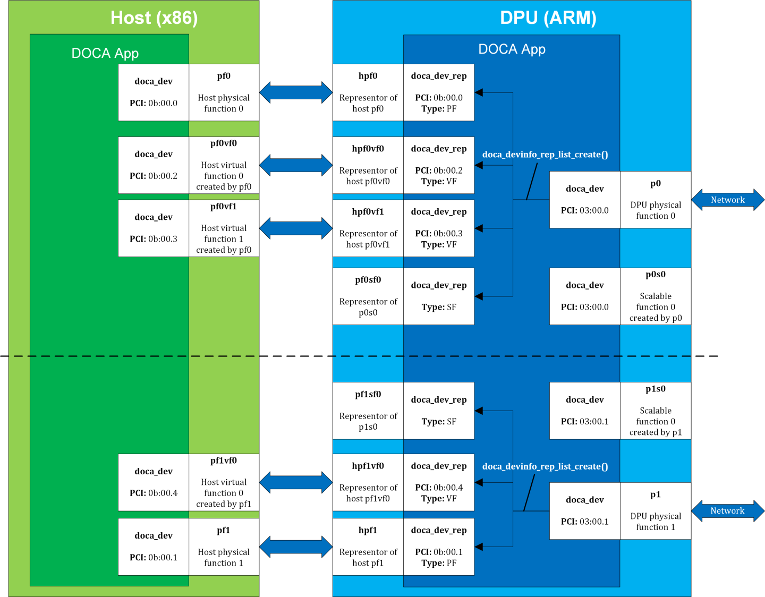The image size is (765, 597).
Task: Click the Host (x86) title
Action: pyautogui.click(x=154, y=18)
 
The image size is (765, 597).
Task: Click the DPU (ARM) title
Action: pyautogui.click(x=548, y=18)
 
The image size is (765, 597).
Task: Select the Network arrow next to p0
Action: pyautogui.click(x=727, y=200)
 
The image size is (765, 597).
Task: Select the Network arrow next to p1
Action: pyautogui.click(x=727, y=510)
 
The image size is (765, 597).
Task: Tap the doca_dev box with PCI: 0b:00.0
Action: pyautogui.click(x=154, y=92)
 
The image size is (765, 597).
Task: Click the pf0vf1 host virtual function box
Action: pyautogui.click(x=224, y=228)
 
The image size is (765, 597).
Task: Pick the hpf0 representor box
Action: pyautogui.click(x=368, y=92)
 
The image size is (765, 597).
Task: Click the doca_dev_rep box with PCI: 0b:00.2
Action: pyautogui.click(x=438, y=165)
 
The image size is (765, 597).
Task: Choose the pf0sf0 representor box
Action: pyautogui.click(x=368, y=296)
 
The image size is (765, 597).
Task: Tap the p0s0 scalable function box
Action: pyautogui.click(x=655, y=296)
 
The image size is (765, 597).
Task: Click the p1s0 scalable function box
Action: pyautogui.click(x=655, y=411)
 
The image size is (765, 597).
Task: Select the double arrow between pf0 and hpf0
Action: pyautogui.click(x=295, y=92)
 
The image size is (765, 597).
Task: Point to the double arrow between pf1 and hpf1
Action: pyautogui.click(x=295, y=546)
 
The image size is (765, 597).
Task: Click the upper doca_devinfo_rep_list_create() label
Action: pyautogui.click(x=545, y=155)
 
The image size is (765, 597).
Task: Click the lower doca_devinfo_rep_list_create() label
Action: pyautogui.click(x=545, y=466)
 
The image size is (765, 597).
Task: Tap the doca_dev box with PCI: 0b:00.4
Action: pyautogui.click(x=154, y=482)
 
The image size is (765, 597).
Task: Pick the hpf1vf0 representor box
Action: pyautogui.click(x=368, y=482)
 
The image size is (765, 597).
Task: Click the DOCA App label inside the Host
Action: pyautogui.click(x=105, y=53)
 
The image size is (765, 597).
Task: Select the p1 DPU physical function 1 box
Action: pyautogui.click(x=655, y=511)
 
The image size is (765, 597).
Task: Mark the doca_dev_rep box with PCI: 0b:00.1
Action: pyautogui.click(x=438, y=547)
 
